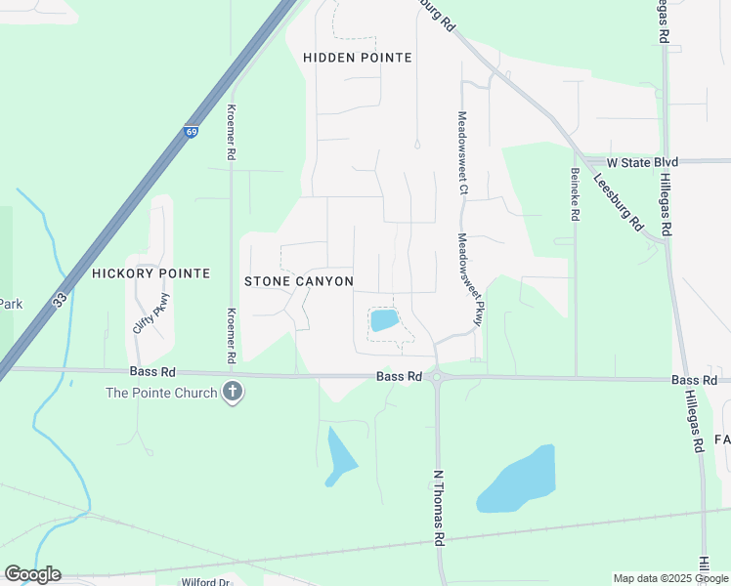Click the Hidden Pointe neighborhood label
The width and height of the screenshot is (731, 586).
(x=358, y=58)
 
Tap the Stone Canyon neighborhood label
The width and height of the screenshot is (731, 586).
(x=298, y=281)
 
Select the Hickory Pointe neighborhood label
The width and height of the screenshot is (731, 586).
(x=150, y=273)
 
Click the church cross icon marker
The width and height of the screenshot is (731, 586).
(x=233, y=393)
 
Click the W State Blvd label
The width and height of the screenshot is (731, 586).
(x=642, y=162)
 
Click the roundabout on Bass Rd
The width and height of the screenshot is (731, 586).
(x=437, y=376)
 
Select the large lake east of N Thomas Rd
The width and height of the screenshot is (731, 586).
(x=518, y=480)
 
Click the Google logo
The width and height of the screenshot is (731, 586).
(x=32, y=574)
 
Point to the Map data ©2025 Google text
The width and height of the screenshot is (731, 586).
(x=671, y=578)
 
